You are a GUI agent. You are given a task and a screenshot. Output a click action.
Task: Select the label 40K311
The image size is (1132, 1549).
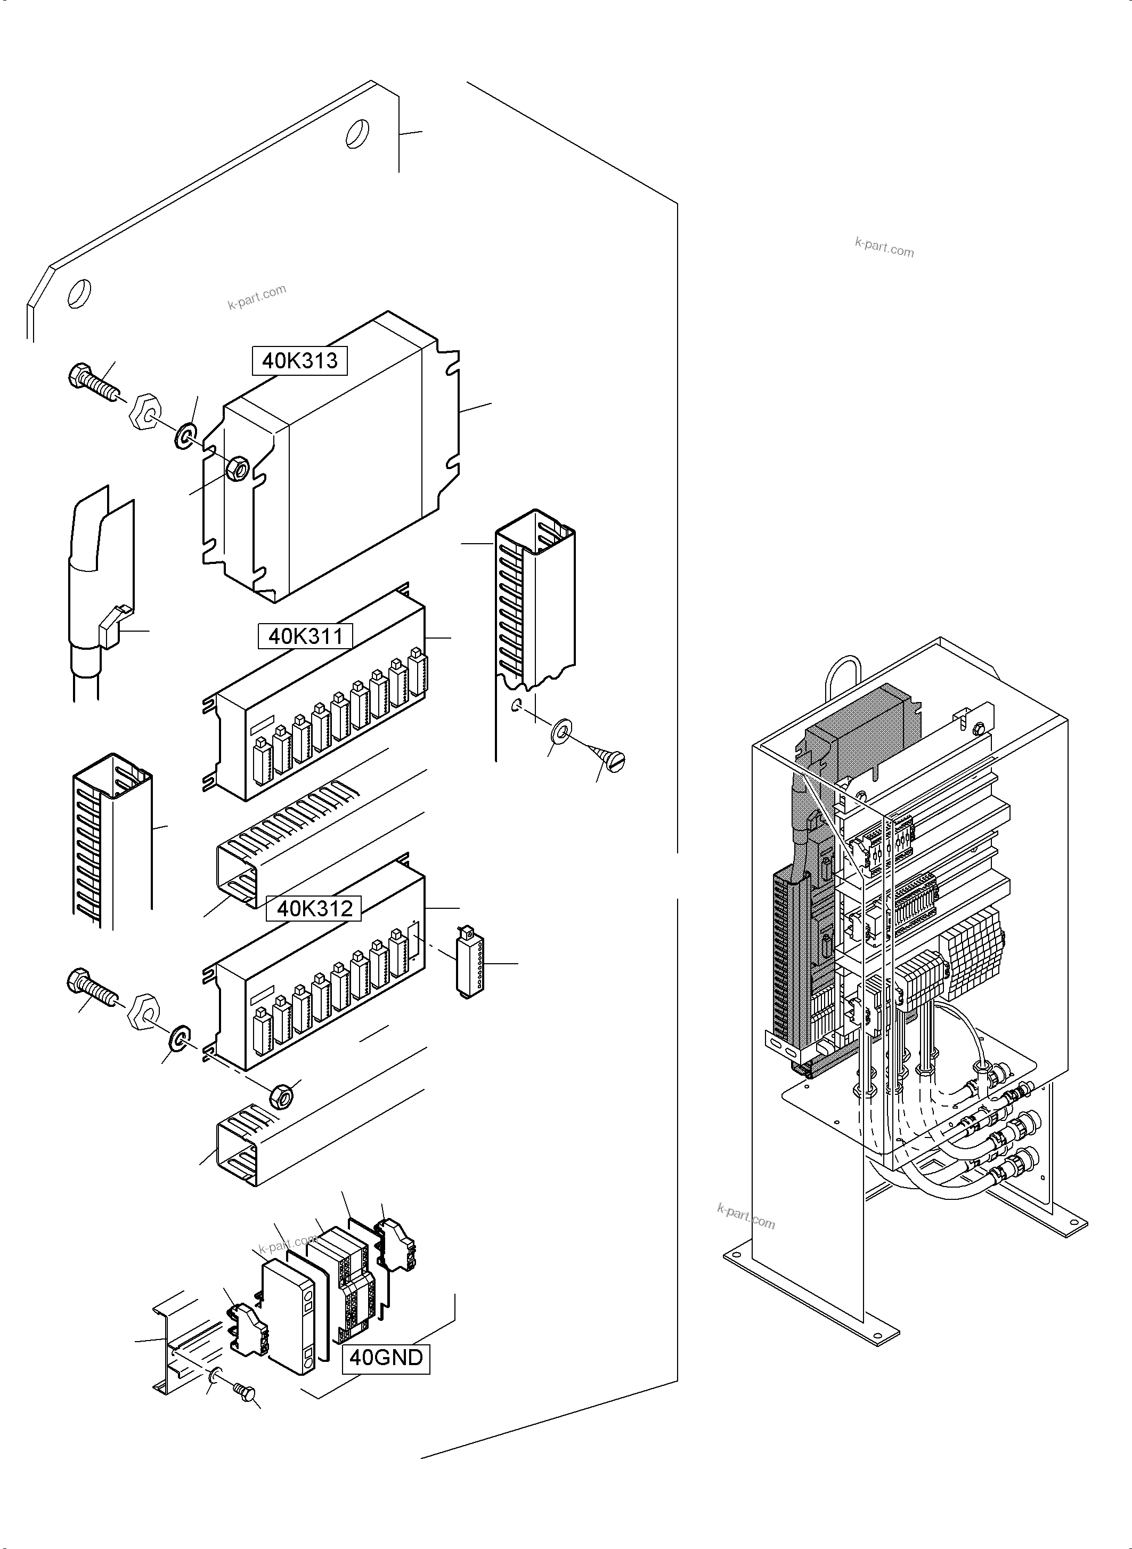point(305,636)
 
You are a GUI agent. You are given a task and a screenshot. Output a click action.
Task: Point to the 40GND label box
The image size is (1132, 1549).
point(386,1357)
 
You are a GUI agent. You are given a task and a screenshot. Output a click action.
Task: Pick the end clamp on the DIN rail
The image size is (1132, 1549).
point(247,1326)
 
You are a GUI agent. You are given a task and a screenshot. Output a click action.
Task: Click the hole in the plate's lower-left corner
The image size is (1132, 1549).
point(79,294)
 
